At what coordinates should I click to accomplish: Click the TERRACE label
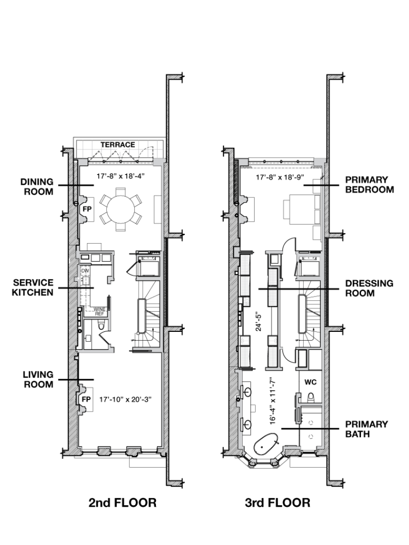pyautogui.click(x=117, y=144)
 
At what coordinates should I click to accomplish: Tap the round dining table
pyautogui.click(x=121, y=209)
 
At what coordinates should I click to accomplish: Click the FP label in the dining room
pyautogui.click(x=86, y=209)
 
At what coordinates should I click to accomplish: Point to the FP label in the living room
pyautogui.click(x=86, y=399)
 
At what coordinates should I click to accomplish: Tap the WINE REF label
pyautogui.click(x=99, y=312)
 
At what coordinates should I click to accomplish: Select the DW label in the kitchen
pyautogui.click(x=85, y=271)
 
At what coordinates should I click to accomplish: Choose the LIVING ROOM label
pyautogui.click(x=38, y=379)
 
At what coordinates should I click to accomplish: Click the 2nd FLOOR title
pyautogui.click(x=122, y=502)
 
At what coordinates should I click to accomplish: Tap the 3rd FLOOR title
pyautogui.click(x=278, y=502)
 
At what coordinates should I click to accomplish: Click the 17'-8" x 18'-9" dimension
pyautogui.click(x=279, y=177)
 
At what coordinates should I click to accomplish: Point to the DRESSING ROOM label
pyautogui.click(x=369, y=288)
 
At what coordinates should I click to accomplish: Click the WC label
pyautogui.click(x=311, y=381)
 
